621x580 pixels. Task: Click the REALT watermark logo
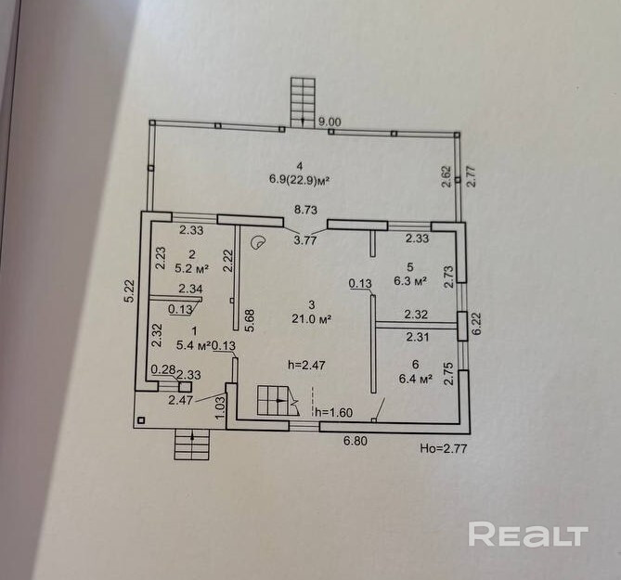pos(528,535)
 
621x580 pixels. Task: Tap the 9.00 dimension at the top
pos(329,121)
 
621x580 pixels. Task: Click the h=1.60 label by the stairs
pos(333,412)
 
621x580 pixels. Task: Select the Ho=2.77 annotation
pos(441,448)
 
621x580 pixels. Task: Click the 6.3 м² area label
pos(409,279)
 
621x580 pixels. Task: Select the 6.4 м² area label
pos(415,378)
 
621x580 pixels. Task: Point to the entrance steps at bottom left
pos(193,445)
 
